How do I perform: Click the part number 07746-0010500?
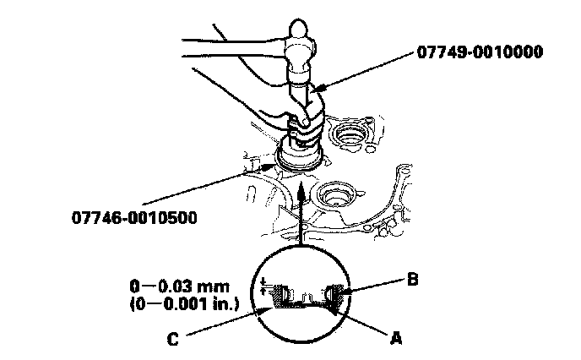(134, 219)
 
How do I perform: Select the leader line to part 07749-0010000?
(372, 68)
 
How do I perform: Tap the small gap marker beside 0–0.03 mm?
(264, 286)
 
